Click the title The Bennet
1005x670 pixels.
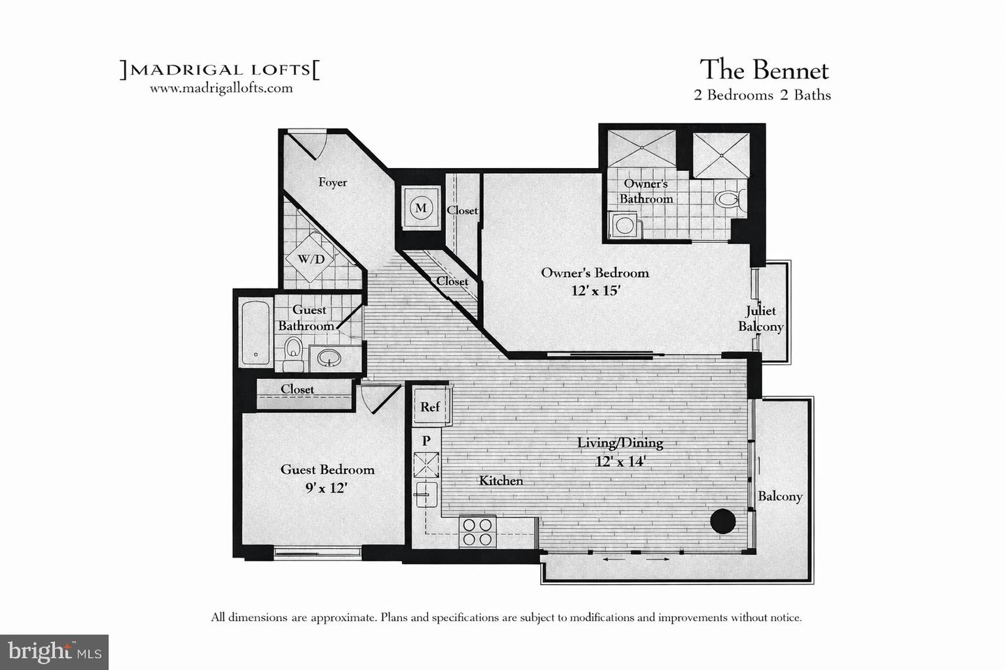[764, 70]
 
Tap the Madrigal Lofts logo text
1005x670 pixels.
[220, 70]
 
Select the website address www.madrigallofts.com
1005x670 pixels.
[221, 89]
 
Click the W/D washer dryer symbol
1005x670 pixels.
[311, 259]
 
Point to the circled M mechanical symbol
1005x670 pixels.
[420, 208]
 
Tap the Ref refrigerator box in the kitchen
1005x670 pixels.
[430, 406]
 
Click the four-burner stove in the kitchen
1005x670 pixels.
[477, 532]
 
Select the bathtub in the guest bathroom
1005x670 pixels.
[255, 333]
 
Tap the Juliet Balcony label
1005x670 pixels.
[761, 318]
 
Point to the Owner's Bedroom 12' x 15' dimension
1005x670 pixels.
[595, 290]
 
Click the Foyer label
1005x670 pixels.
[332, 182]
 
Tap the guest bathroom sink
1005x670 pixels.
[329, 359]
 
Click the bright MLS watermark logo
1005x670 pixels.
[54, 652]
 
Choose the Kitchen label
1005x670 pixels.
[500, 480]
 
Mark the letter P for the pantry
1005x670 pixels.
[426, 440]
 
